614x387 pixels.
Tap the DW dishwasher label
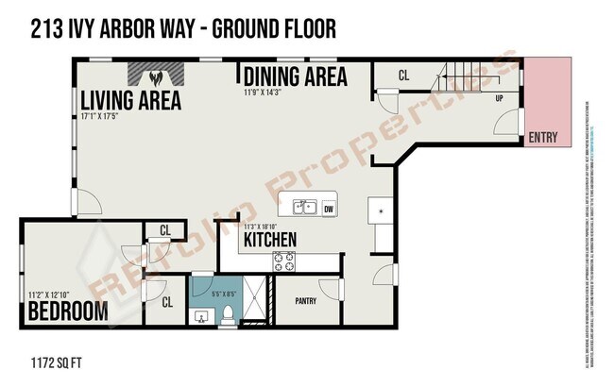(x=329, y=209)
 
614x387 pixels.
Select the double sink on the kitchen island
(x=303, y=208)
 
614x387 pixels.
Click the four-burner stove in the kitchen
(x=283, y=261)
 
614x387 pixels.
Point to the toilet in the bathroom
(x=228, y=316)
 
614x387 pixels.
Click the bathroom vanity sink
(x=200, y=315)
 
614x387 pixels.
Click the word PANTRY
(x=305, y=302)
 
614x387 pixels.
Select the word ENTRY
(x=542, y=138)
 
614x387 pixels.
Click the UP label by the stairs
(x=499, y=98)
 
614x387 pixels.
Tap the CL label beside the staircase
(x=403, y=75)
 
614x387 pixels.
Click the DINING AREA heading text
(x=295, y=76)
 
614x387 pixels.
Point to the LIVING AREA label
(x=130, y=101)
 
